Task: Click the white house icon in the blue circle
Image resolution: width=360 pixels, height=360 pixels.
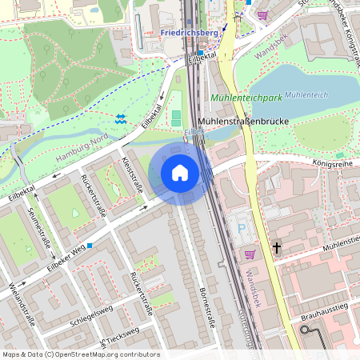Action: [180, 172]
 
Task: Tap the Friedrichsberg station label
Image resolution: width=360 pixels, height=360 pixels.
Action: [189, 33]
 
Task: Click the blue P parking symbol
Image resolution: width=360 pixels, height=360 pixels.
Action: [242, 228]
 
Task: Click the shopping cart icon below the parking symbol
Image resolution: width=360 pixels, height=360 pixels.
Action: [250, 254]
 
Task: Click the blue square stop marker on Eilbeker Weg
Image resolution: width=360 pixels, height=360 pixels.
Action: [90, 245]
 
